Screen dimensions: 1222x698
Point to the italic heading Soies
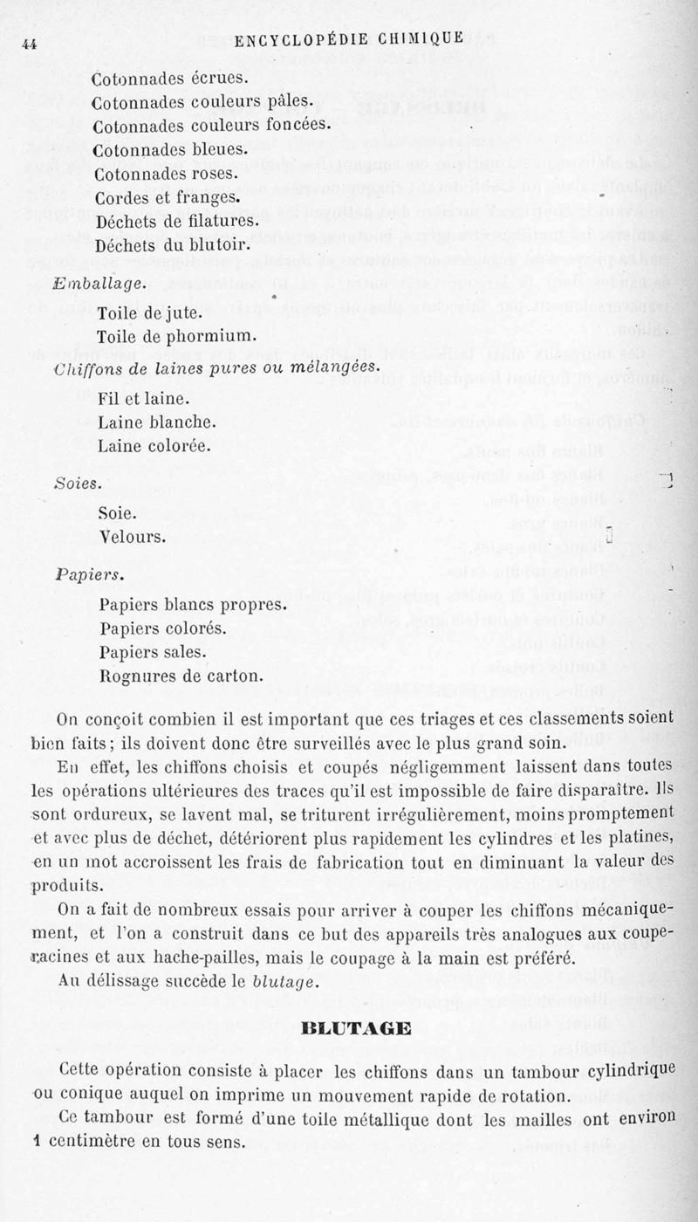(77, 482)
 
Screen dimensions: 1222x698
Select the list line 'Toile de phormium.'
(175, 335)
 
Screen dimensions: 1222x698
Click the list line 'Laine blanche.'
(157, 422)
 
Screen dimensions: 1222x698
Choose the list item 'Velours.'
(133, 536)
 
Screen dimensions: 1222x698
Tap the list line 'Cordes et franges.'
(166, 197)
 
